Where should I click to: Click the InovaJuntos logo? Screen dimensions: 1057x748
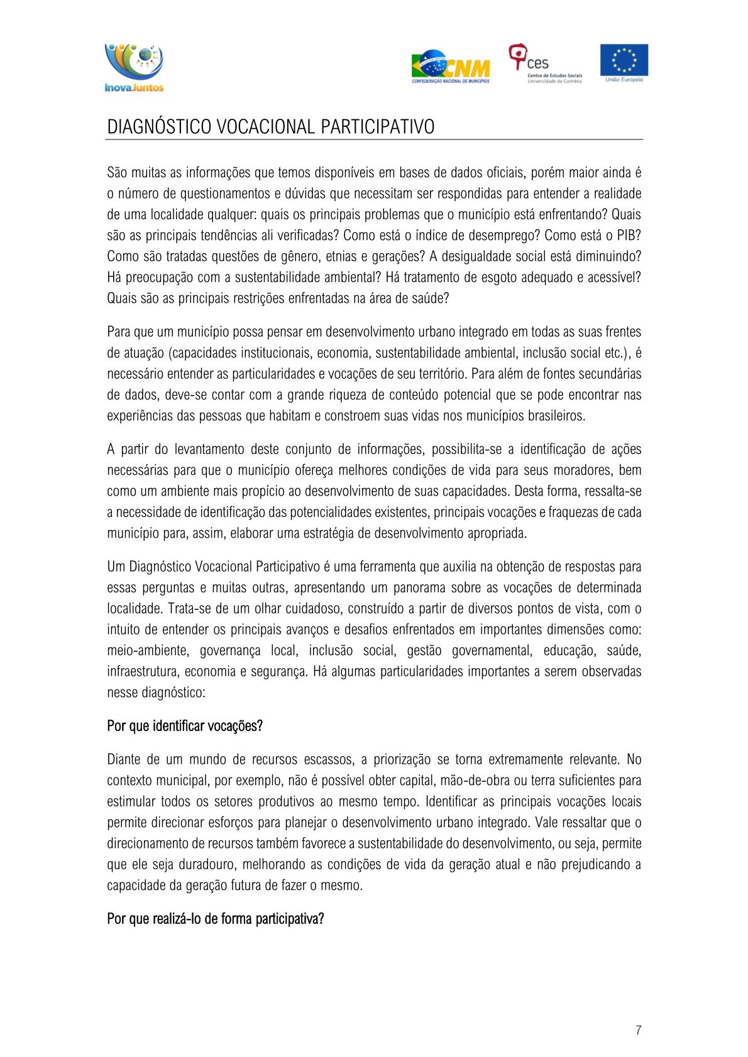[x=134, y=67]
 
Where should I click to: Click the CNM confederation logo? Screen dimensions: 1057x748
[x=451, y=67]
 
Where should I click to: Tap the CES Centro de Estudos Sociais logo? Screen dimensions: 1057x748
[x=545, y=63]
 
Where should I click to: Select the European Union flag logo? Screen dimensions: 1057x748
[x=624, y=62]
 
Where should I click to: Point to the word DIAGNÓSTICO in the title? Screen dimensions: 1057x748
[x=159, y=127]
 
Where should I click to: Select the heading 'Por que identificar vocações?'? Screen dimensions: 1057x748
[x=185, y=726]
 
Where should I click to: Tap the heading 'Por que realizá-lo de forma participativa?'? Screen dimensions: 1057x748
[x=216, y=919]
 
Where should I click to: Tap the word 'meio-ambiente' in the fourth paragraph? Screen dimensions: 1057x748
[x=147, y=651]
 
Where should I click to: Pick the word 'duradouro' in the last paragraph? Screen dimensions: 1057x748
[x=207, y=865]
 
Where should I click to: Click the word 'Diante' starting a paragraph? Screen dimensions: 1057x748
[x=124, y=760]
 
